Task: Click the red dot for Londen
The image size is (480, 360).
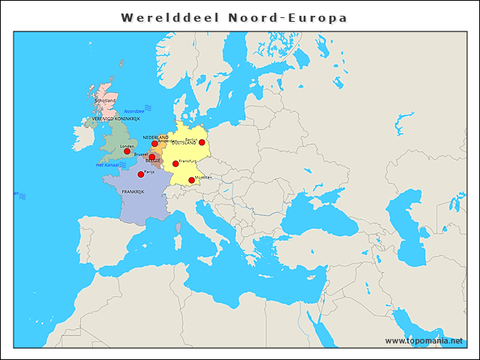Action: pos(127,151)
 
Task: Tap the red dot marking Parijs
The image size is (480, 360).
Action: pos(141,174)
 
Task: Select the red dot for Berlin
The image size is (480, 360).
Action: pos(202,142)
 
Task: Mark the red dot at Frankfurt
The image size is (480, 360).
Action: pos(175,163)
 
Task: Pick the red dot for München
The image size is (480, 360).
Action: pos(191,180)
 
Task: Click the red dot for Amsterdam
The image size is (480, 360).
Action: pos(154,144)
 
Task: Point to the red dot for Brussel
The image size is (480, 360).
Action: pos(151,157)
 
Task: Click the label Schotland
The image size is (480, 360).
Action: pos(105,100)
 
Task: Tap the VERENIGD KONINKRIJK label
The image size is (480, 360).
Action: pos(116,118)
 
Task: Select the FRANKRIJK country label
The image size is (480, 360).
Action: pos(133,192)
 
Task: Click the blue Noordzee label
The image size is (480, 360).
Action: pos(133,111)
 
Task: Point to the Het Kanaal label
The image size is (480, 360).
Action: pos(107,164)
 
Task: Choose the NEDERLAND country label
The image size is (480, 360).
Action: pos(155,137)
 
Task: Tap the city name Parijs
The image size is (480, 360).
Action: pos(148,171)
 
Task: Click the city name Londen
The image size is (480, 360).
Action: pos(127,146)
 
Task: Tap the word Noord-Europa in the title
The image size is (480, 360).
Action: pos(288,17)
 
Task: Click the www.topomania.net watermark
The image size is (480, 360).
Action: pos(424,340)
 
